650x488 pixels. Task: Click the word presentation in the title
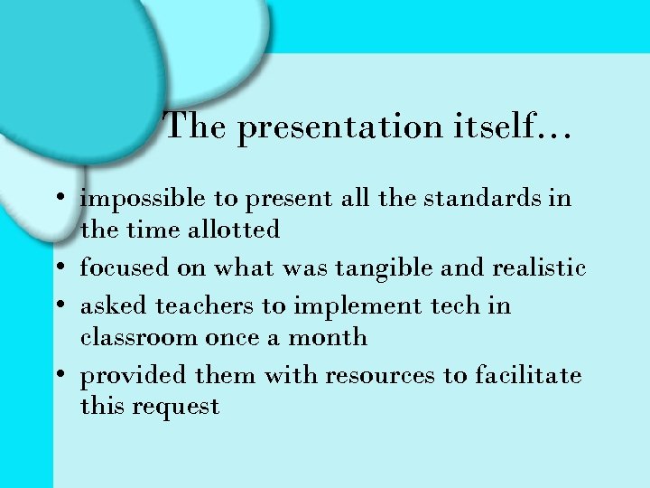pos(339,128)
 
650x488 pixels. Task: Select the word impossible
pos(144,199)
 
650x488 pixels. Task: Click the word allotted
pos(234,230)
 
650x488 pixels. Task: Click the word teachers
pos(206,305)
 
